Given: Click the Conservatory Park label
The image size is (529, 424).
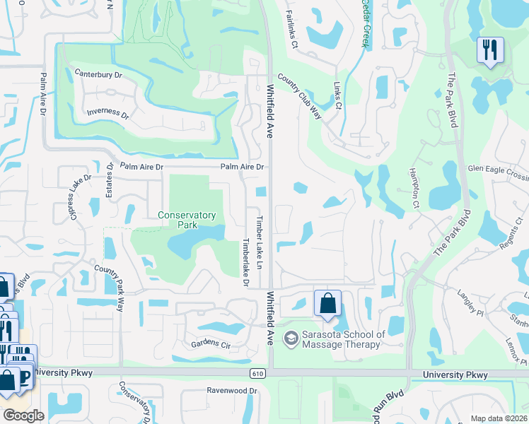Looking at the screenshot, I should pos(187,220).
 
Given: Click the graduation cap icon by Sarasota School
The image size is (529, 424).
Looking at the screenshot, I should pos(291,339).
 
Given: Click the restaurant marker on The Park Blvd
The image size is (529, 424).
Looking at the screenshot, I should pos(489,50).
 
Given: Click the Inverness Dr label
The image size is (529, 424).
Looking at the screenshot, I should pos(107,113).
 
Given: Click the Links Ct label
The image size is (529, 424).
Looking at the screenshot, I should pos(337,96).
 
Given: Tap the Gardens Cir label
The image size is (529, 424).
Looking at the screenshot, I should pos(211,345).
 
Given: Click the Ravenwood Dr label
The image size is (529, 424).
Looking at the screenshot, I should pos(231,390).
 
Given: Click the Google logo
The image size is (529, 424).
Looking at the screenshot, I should pos(23,415).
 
